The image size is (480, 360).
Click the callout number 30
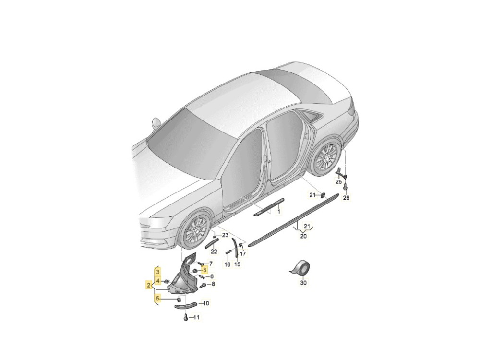[x=303, y=283]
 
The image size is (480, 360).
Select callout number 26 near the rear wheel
[x=346, y=198]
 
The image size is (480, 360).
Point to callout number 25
[x=338, y=182]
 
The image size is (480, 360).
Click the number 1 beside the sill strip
[x=279, y=211]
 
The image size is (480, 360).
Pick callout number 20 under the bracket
[x=304, y=236]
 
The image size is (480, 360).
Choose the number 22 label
[x=214, y=252]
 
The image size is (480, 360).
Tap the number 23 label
[x=225, y=235]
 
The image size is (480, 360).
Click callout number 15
[x=237, y=264]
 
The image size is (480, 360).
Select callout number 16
[x=227, y=264]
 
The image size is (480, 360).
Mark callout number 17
[x=243, y=254]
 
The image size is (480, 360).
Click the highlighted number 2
[x=148, y=285]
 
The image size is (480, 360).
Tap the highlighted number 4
[x=157, y=281]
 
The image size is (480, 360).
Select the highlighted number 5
[x=157, y=297]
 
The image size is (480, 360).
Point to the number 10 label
[x=206, y=303]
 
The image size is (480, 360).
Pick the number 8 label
[x=214, y=284]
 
